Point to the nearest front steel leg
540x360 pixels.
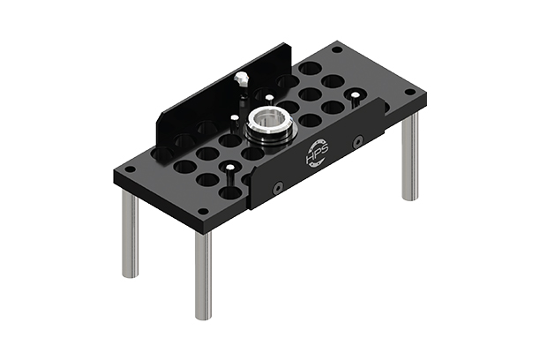click(203, 274)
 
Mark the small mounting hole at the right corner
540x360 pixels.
click(409, 92)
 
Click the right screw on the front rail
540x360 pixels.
click(357, 141)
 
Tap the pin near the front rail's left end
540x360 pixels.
click(229, 169)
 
